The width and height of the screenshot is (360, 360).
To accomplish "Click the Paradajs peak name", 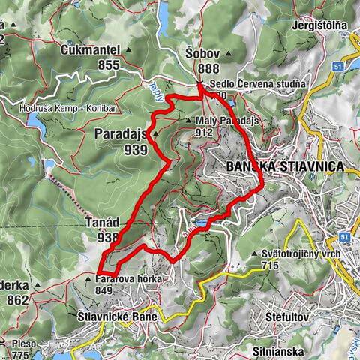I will pos(120,133).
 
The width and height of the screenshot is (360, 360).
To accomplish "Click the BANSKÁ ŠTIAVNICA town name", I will pos(284,166).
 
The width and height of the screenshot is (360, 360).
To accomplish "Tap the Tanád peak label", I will pos(100,221).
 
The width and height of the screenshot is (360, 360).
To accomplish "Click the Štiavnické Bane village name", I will pos(117,317).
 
